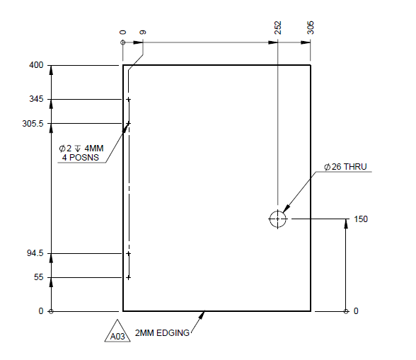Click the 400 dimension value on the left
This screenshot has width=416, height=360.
pos(35,66)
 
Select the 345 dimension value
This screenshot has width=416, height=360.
pos(35,100)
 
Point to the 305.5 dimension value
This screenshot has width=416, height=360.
pos(33,124)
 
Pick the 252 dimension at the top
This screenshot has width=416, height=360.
pos(277,28)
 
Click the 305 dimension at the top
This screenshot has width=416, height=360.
pos(311,28)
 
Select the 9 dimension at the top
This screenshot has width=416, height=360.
pos(143,32)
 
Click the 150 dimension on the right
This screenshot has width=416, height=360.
pos(361,219)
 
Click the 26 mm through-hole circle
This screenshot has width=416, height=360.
pos(277,219)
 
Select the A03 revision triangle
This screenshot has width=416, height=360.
pos(117,335)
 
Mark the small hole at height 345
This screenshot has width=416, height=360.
pos(128,100)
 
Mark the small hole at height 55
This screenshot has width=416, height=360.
pos(128,277)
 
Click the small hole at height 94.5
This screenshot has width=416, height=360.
pos(128,253)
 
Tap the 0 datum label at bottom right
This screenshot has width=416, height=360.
pos(356,311)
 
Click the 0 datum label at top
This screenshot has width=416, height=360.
pos(123,32)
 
